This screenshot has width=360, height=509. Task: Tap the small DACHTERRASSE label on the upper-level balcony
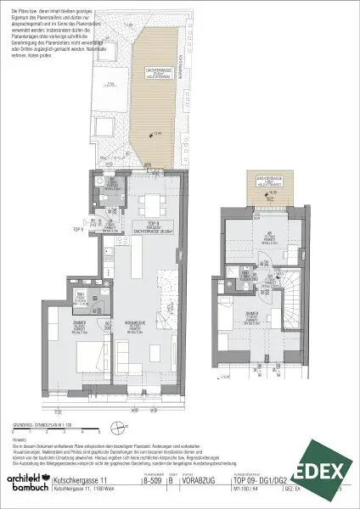260,182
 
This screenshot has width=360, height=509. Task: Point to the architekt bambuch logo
25,484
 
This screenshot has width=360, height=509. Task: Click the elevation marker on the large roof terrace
151,133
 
